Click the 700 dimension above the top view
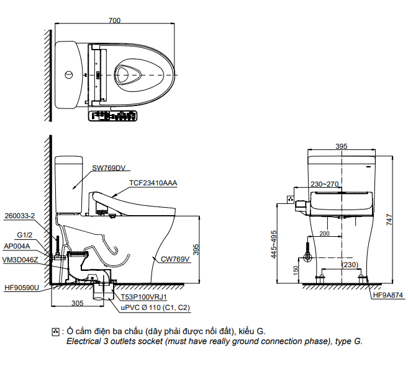(x=114, y=20)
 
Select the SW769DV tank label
(x=109, y=167)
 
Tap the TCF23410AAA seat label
(x=153, y=183)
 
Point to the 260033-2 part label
(x=19, y=216)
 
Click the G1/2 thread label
(x=25, y=236)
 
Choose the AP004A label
(x=17, y=245)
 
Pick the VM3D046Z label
(x=20, y=260)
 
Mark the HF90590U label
(x=21, y=288)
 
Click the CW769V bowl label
(x=175, y=260)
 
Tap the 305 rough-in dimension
(x=77, y=303)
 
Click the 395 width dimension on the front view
(x=341, y=146)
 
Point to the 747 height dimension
(x=389, y=219)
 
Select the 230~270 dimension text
(x=325, y=184)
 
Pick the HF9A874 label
(x=388, y=295)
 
